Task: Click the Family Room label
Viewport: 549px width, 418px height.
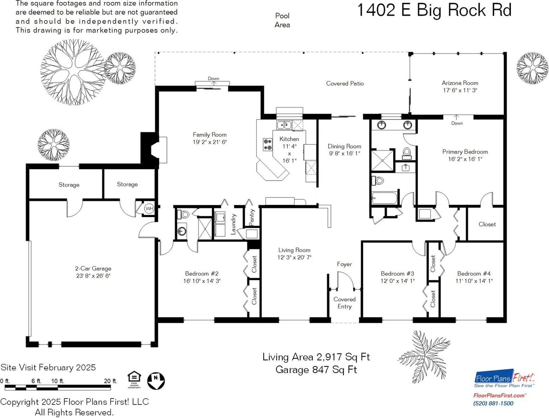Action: [210, 135]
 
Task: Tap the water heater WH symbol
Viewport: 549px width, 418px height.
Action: [149, 208]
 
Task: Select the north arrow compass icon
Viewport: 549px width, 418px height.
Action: [156, 381]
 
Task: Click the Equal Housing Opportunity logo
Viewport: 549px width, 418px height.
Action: [134, 379]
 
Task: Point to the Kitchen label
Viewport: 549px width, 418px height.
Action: [289, 139]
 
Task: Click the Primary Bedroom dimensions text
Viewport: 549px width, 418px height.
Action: [465, 159]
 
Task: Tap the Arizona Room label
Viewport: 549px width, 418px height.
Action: [460, 83]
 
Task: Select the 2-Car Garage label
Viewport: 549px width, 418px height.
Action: [93, 269]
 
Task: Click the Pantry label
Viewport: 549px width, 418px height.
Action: [252, 217]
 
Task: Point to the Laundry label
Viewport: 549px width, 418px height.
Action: [233, 223]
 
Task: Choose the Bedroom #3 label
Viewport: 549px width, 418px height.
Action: [397, 274]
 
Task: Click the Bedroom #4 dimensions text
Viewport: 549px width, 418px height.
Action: [474, 281]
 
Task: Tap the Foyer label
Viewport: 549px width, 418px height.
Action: [344, 264]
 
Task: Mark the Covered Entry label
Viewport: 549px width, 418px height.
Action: [344, 303]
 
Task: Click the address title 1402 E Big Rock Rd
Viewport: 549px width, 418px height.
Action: [434, 10]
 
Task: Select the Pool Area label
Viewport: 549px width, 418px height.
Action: [282, 20]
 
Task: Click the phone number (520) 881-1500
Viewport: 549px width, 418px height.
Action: [493, 403]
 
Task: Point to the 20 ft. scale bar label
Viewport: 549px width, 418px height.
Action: [111, 381]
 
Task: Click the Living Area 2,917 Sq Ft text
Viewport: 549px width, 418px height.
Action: [316, 357]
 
